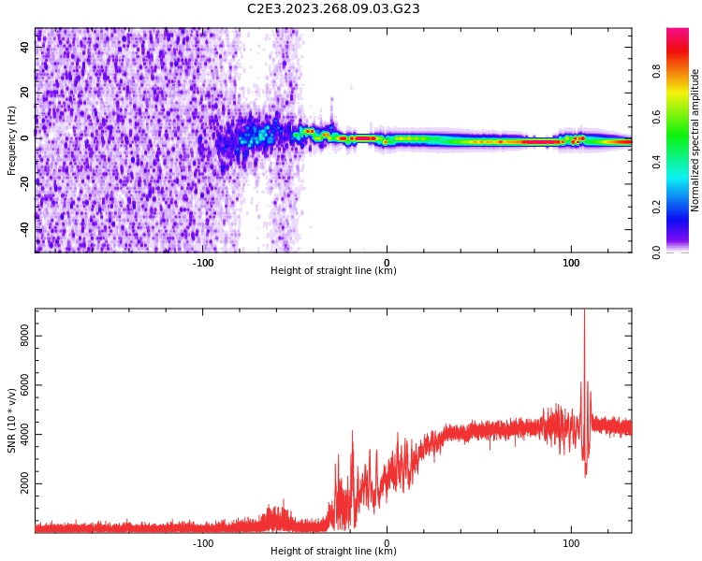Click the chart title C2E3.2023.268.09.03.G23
coord(333,8)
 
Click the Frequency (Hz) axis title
coord(12,140)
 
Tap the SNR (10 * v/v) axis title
coord(12,421)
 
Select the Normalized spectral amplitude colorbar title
coord(695,140)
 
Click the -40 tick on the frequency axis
coord(26,229)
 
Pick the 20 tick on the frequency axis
coord(26,93)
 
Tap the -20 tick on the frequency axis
coord(26,183)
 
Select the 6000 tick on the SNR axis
coord(26,385)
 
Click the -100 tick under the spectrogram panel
coord(203,262)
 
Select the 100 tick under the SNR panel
coord(570,542)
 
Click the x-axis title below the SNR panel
coord(333,552)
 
